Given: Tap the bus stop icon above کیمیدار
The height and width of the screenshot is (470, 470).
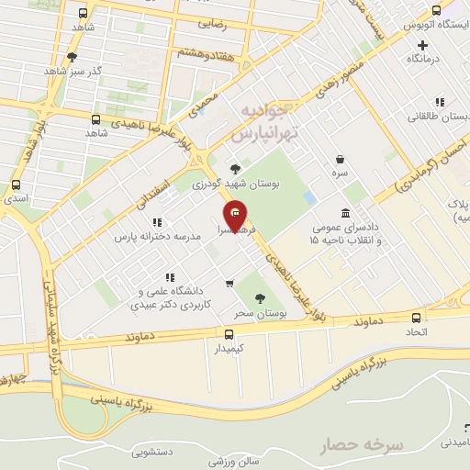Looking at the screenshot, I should [x=229, y=334].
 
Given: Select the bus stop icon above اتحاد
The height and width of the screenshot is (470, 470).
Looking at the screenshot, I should [x=417, y=318].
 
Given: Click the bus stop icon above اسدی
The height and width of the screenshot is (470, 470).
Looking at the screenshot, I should [x=14, y=183].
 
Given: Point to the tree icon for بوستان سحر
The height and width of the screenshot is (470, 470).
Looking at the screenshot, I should [x=260, y=297].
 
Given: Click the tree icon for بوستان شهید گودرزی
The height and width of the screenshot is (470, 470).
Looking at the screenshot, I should [x=236, y=168].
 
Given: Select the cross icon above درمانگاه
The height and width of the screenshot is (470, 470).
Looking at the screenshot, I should [x=422, y=44].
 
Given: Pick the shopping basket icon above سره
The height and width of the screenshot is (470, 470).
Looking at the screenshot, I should [x=340, y=159].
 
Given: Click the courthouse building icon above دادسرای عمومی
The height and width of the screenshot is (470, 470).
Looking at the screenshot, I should [x=344, y=212].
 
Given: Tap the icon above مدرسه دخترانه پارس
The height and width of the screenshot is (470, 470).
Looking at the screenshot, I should [x=157, y=221].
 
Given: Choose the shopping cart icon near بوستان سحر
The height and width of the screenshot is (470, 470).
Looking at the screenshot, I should [x=229, y=284].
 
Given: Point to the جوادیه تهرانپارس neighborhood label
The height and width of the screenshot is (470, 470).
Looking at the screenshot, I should [x=271, y=122].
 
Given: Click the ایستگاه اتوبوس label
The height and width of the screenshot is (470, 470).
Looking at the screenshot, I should [x=434, y=23].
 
